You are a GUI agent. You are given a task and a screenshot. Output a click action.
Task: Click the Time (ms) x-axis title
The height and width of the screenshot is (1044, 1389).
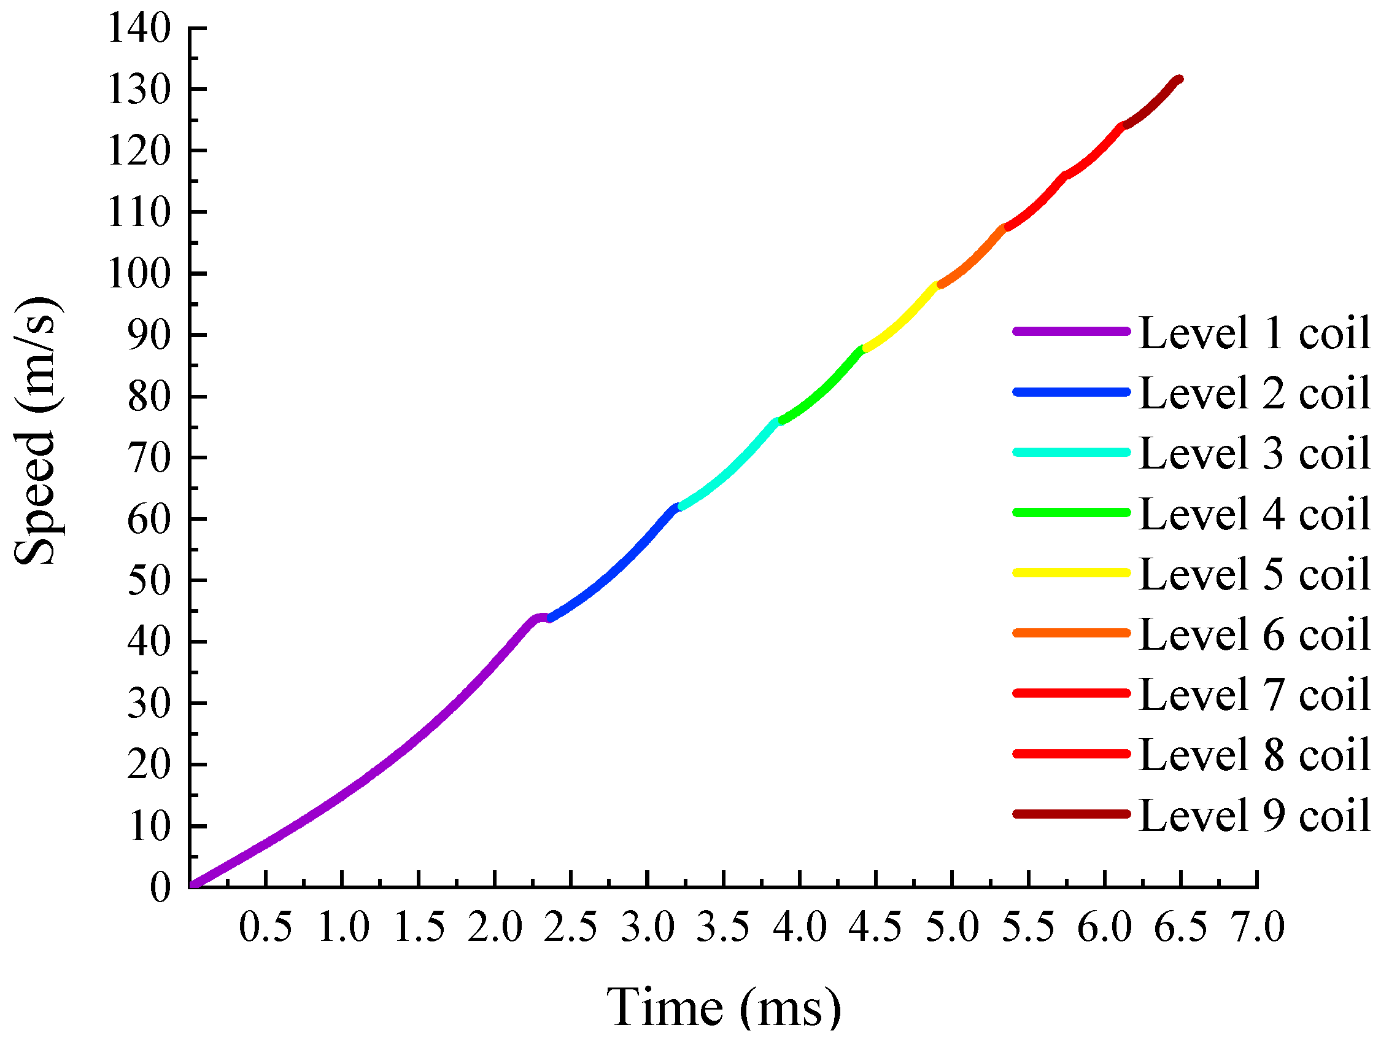(724, 1008)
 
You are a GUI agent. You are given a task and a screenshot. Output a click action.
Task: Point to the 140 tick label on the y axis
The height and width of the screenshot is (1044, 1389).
(139, 29)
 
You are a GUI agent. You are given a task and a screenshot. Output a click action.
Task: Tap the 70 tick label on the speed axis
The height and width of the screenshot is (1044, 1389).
(149, 458)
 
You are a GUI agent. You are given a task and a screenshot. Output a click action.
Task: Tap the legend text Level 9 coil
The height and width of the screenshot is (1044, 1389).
(1254, 816)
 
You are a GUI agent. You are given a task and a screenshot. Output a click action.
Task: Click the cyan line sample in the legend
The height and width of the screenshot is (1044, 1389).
(1071, 452)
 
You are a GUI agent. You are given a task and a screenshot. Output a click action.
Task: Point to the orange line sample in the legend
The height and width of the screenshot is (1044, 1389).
(1071, 633)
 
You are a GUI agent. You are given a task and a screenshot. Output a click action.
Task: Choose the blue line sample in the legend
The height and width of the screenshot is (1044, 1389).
(1071, 392)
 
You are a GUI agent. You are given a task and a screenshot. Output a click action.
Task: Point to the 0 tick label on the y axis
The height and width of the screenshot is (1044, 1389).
(160, 888)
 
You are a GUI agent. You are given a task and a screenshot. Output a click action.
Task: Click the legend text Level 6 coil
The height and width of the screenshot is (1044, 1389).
(1254, 634)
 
